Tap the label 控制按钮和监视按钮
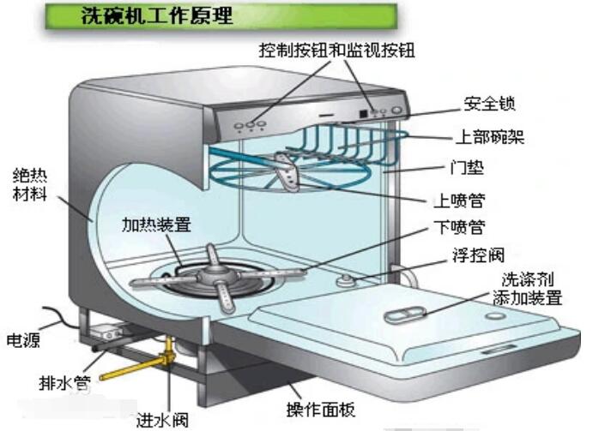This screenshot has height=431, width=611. [x=336, y=51]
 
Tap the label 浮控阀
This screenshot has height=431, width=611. [x=477, y=255]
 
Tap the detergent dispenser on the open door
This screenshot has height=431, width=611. [x=401, y=316]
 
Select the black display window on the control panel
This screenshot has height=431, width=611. [x=364, y=112]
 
